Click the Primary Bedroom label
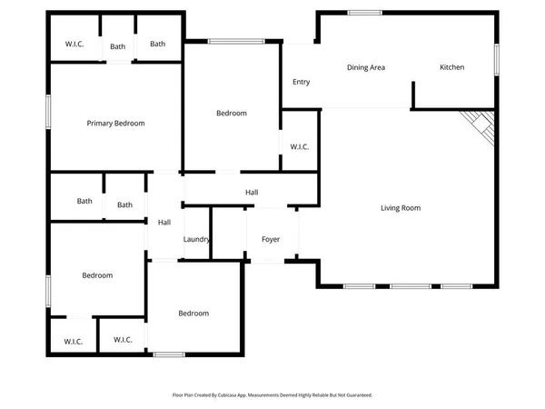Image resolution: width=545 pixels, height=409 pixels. (115, 124)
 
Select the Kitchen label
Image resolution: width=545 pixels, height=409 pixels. (452, 67)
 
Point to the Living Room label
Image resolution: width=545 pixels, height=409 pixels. (400, 208)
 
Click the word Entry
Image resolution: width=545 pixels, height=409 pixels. (301, 82)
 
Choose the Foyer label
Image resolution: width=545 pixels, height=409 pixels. (271, 240)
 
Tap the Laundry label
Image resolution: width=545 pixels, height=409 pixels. (197, 240)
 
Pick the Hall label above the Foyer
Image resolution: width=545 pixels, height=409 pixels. (252, 193)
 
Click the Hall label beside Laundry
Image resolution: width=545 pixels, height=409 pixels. (164, 223)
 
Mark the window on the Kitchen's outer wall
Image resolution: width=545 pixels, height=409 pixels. (497, 60)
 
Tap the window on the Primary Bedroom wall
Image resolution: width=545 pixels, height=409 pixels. (49, 115)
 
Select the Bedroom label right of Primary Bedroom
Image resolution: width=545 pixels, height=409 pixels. (231, 114)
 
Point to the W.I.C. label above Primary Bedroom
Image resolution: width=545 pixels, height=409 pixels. (74, 44)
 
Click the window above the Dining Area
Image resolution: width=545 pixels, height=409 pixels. (363, 12)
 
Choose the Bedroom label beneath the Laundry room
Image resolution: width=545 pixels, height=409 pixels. (193, 314)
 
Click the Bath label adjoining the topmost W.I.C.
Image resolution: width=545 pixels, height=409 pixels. (118, 46)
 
